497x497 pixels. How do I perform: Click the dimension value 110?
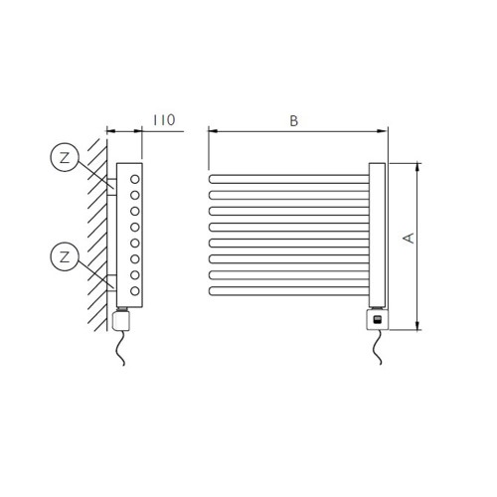coord(163,120)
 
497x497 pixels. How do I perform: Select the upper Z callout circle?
coord(64,156)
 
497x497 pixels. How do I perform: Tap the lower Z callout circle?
coord(64,256)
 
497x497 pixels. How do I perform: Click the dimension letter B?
coord(293,120)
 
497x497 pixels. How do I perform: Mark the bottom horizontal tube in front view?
coord(288,291)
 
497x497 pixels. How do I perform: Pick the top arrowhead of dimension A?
coord(416,166)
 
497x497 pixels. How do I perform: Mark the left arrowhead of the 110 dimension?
coord(110,131)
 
